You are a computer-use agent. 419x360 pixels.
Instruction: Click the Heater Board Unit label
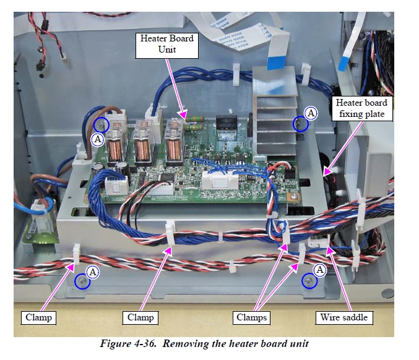pos(166,43)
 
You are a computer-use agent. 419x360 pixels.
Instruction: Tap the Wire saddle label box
pos(343,317)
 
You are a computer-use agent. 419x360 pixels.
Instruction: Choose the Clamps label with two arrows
pos(251,317)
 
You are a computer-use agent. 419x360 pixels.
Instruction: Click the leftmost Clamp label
pos(38,317)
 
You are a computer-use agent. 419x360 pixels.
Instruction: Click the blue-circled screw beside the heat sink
pos(300,124)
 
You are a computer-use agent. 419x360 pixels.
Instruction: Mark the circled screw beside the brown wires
pos(102,125)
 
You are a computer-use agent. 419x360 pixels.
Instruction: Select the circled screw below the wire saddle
pos(309,281)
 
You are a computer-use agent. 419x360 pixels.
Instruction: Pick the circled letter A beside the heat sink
pos(311,113)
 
